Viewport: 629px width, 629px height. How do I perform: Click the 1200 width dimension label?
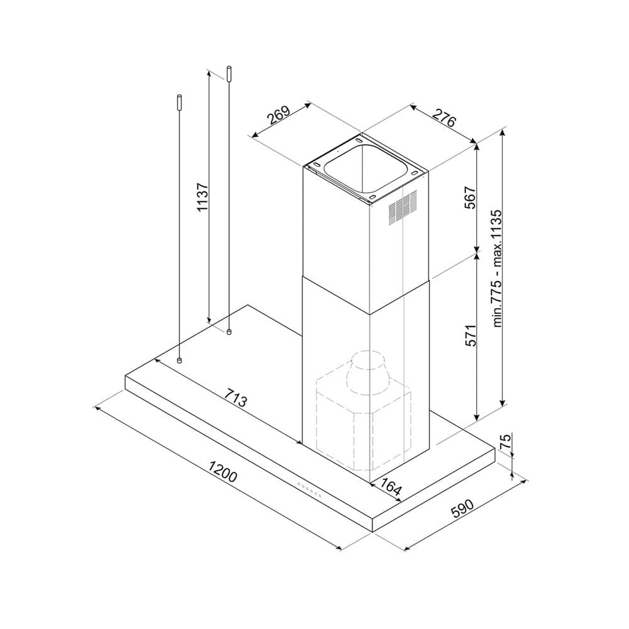click(223, 471)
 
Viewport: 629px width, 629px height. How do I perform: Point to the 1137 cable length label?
click(203, 197)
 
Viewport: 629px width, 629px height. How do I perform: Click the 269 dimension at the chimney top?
click(279, 115)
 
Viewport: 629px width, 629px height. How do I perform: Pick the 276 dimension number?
click(444, 117)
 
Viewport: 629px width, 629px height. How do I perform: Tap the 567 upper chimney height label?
click(470, 198)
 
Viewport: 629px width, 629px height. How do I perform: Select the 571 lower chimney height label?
click(470, 335)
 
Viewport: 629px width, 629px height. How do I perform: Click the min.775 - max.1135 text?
click(497, 269)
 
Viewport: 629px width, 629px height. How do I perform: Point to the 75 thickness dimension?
click(506, 441)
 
